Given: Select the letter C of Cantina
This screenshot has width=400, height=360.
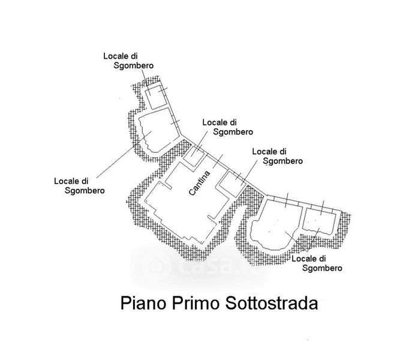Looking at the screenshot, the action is [x=192, y=193].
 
